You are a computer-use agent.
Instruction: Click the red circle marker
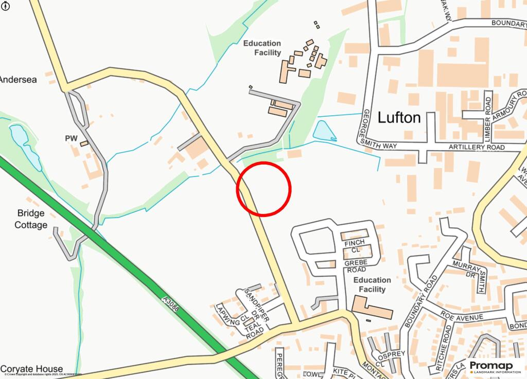(x=264, y=188)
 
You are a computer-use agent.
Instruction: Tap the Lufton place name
(x=399, y=118)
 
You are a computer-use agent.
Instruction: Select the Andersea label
(x=18, y=80)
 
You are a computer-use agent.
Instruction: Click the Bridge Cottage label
(x=31, y=219)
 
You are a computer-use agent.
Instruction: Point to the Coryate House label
(x=32, y=369)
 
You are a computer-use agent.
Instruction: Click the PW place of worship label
(x=71, y=138)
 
